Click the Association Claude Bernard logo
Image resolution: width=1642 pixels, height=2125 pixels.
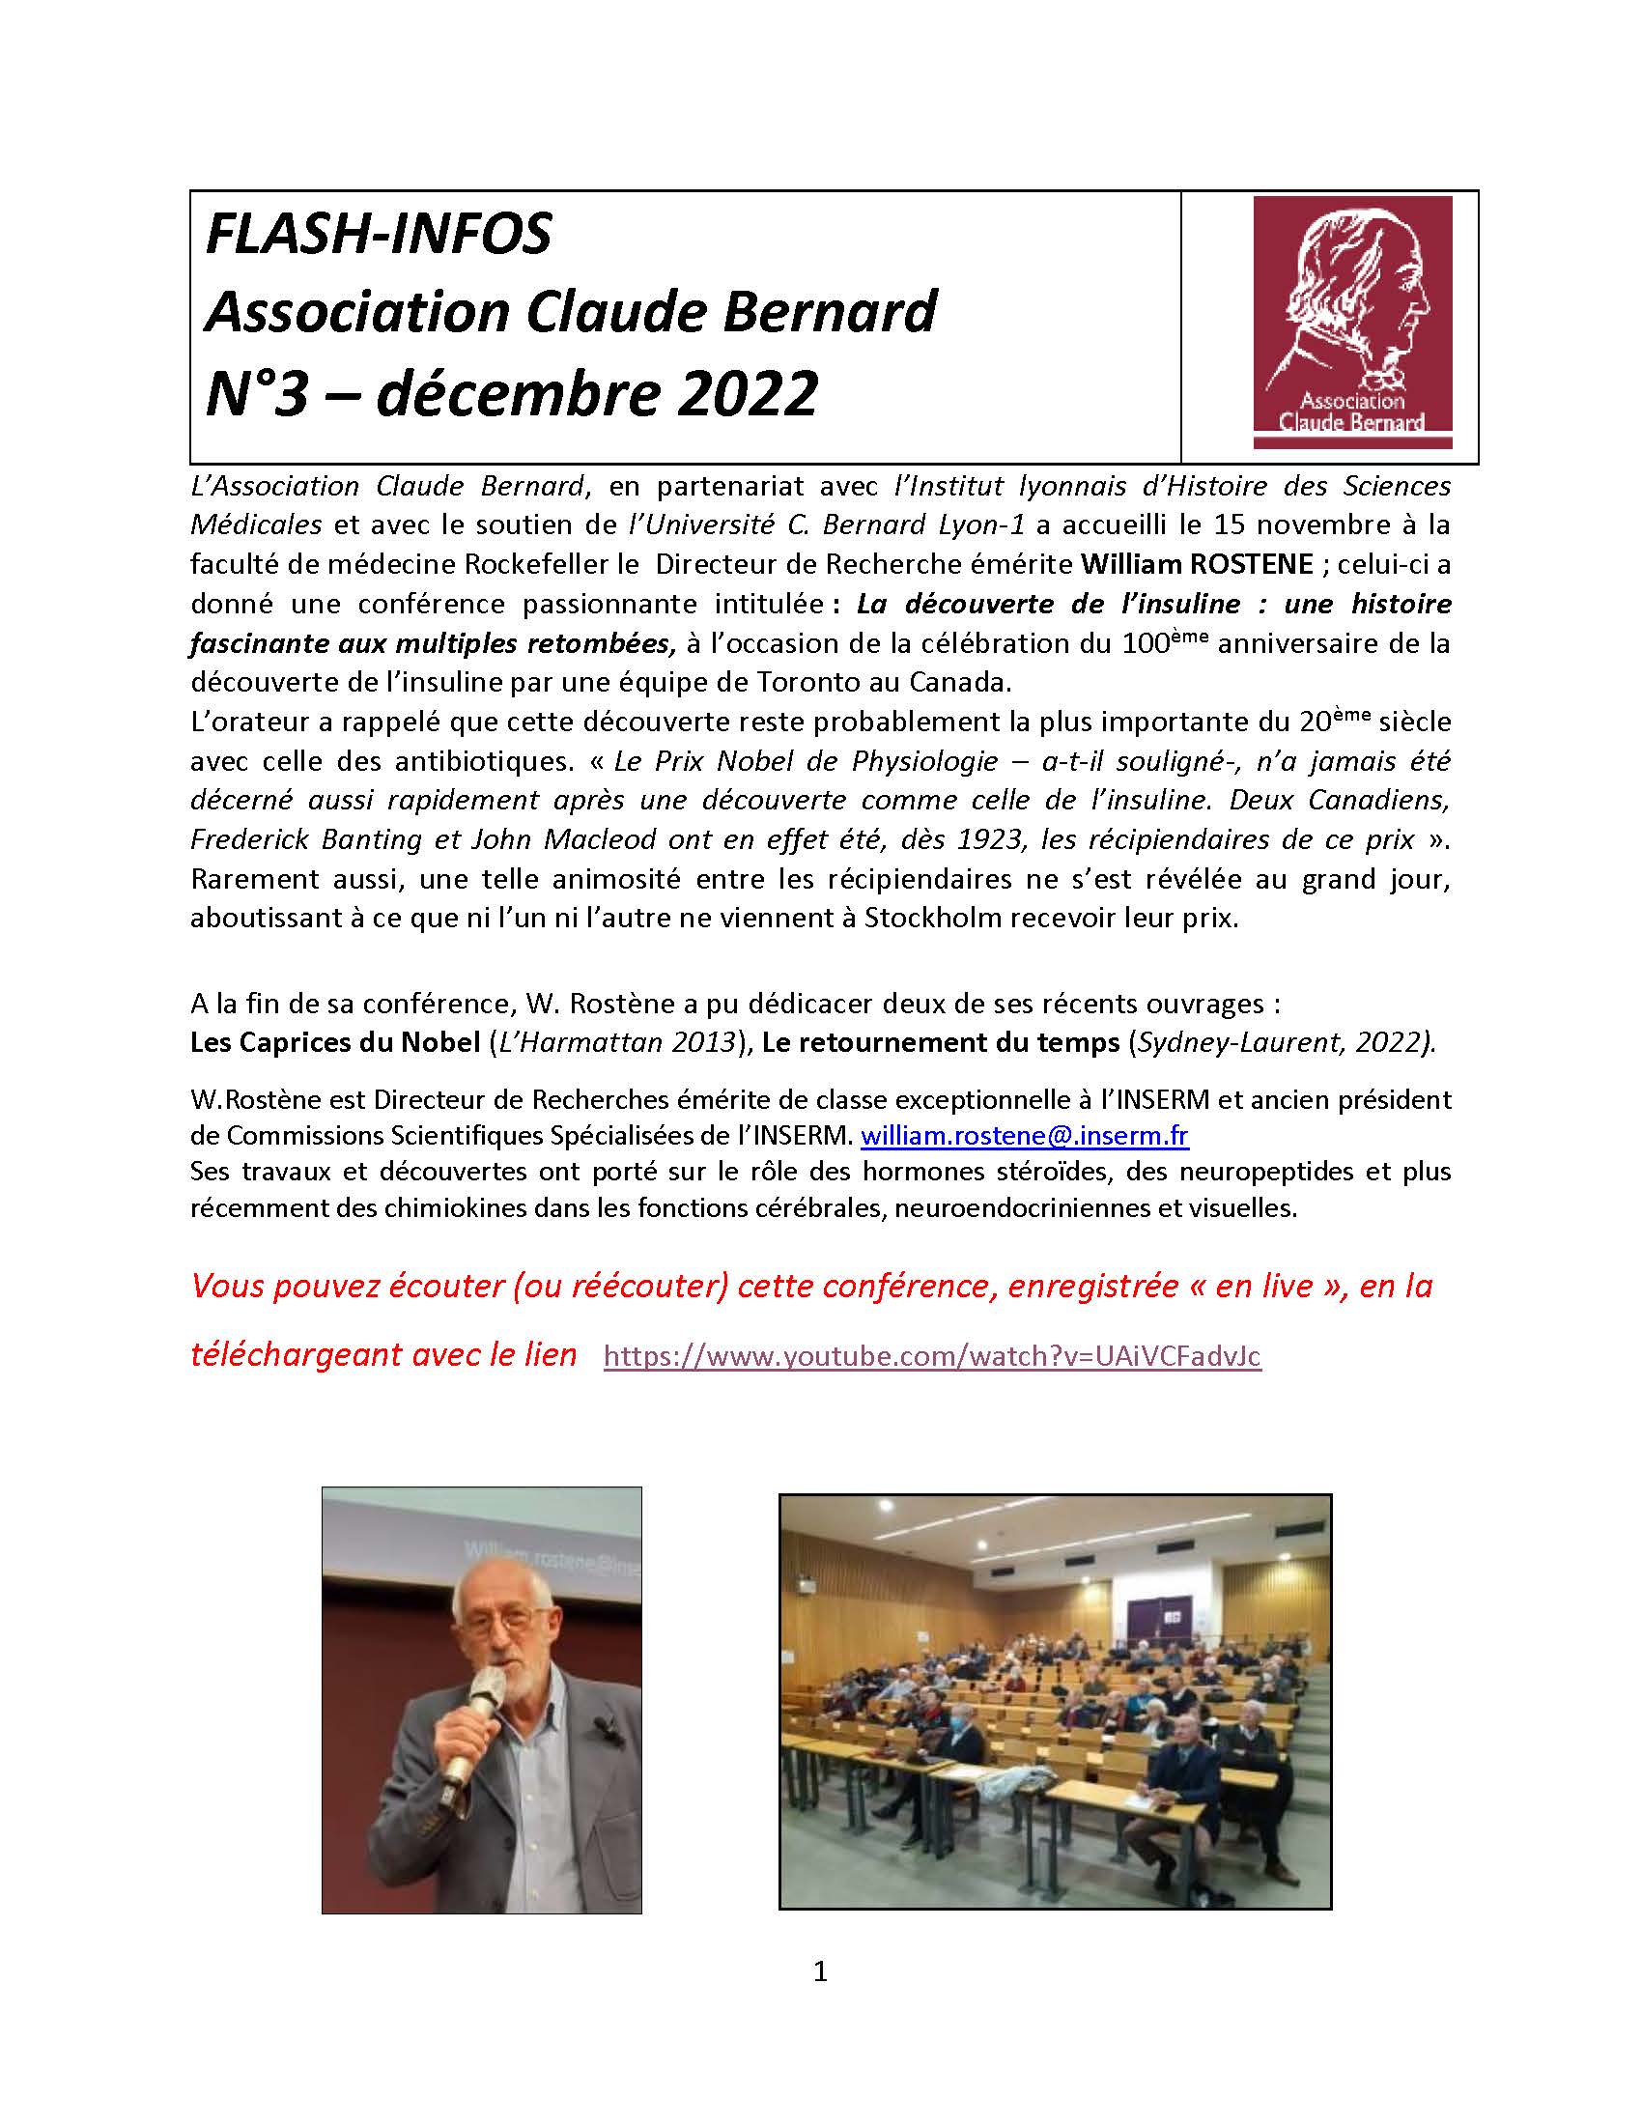1352,322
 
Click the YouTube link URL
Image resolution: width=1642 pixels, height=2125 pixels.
932,1356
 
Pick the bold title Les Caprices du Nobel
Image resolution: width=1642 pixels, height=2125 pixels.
334,1043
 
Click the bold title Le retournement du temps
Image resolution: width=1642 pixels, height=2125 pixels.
941,1043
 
